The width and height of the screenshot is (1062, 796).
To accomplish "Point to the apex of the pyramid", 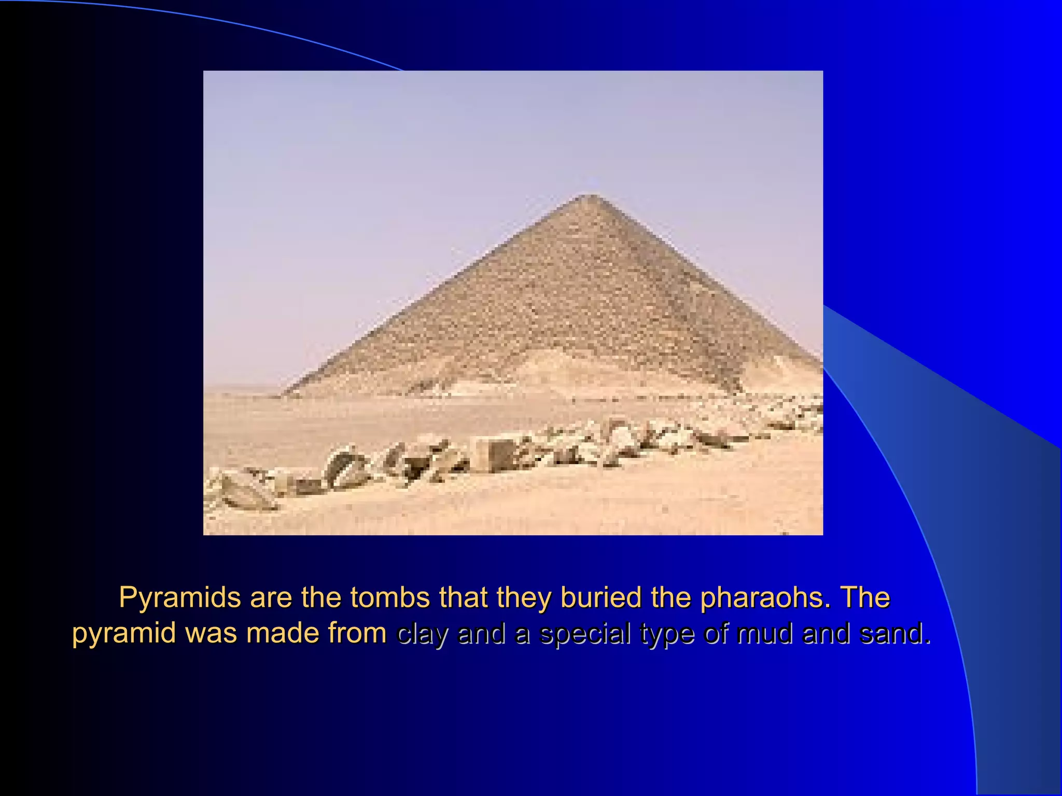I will (x=592, y=196).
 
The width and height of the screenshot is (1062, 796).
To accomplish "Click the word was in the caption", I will (x=213, y=633).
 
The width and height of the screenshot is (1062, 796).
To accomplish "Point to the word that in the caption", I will (x=464, y=597).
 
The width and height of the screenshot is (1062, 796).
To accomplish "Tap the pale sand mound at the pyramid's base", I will (x=550, y=373).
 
